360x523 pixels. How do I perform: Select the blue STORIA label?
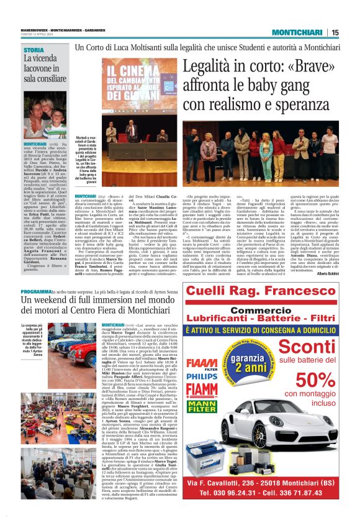pyautogui.click(x=33, y=50)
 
